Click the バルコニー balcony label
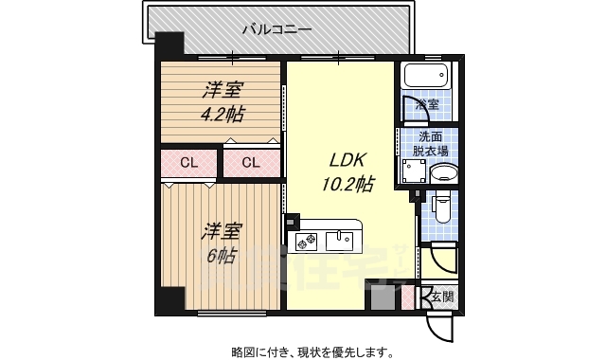(276, 28)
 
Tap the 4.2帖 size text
(221, 114)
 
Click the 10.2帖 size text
(347, 184)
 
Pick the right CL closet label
(250, 162)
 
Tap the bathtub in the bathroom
(427, 76)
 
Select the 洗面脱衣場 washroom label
(430, 143)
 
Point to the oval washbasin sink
(441, 174)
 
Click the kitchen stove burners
(308, 243)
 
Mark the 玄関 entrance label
(442, 297)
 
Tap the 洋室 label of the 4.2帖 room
(222, 92)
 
